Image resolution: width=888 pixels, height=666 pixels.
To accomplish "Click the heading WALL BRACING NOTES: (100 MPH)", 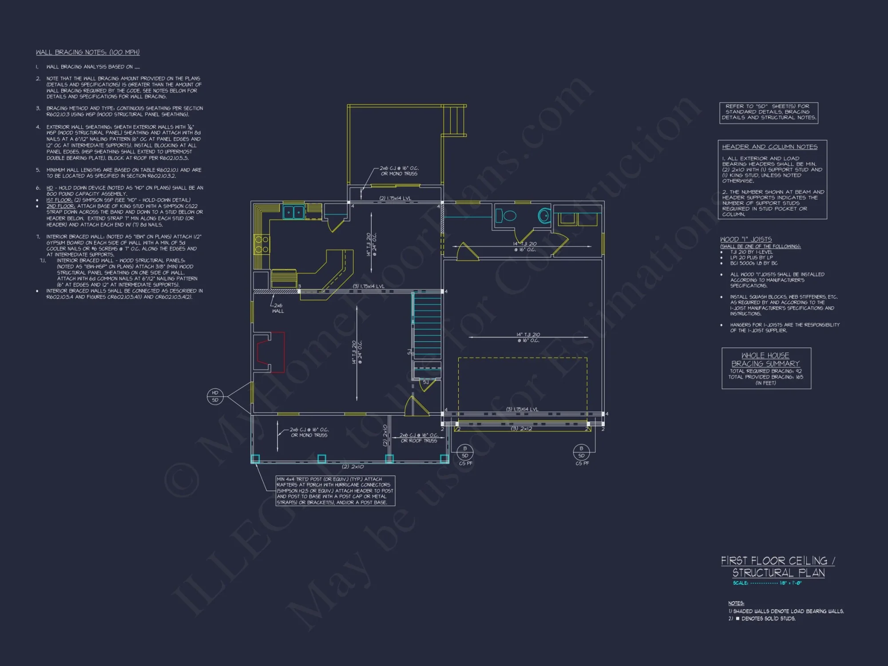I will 87,52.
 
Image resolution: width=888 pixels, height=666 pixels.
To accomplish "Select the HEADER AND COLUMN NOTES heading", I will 769,147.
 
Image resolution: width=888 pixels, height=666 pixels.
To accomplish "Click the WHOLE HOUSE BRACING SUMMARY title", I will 765,360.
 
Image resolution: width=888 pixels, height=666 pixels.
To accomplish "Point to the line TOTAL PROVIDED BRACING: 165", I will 765,377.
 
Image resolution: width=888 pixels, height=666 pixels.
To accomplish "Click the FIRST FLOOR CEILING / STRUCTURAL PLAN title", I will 778,567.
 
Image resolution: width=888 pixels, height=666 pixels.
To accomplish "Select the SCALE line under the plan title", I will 767,583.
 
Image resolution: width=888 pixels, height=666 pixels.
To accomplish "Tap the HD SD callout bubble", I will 215,396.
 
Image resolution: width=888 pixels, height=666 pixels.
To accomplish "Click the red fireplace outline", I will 270,352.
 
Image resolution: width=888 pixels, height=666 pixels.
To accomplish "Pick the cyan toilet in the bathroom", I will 544,216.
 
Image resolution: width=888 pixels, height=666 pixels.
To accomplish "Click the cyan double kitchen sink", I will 293,212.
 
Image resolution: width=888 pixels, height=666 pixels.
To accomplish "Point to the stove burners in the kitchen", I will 262,244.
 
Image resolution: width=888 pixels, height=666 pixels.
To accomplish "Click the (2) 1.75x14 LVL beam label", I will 395,198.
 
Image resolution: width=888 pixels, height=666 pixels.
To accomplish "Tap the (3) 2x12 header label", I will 521,428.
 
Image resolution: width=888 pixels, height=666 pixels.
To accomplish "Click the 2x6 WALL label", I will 278,308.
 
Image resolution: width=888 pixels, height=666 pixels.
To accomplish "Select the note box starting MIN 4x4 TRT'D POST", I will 335,491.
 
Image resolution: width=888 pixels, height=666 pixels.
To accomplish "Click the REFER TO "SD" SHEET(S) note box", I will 769,112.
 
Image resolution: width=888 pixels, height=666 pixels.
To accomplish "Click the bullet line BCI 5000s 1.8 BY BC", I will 754,263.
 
